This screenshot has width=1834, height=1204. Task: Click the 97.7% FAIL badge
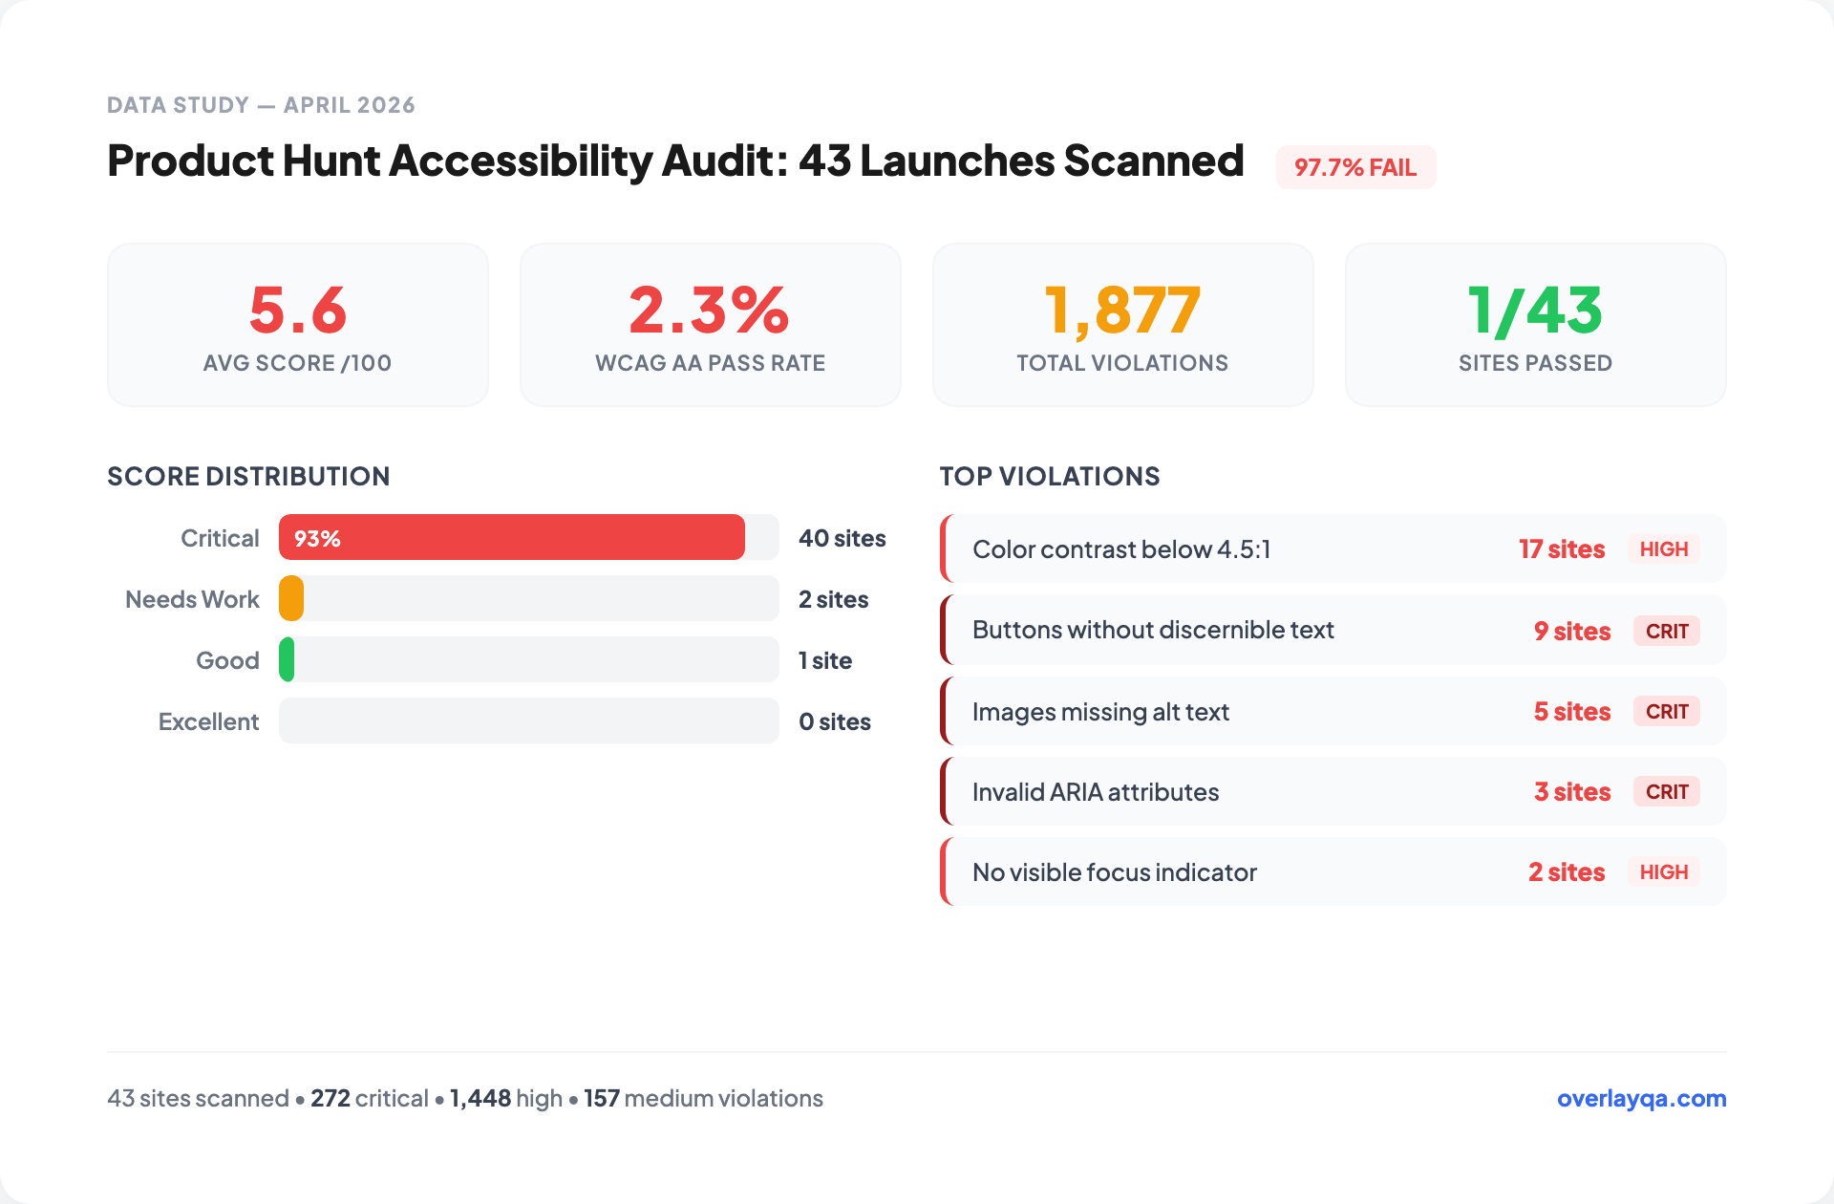(x=1354, y=167)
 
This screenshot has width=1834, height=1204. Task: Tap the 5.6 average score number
(x=297, y=311)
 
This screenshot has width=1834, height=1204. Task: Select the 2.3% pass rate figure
(x=709, y=311)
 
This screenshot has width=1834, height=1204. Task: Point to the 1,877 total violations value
(x=1122, y=311)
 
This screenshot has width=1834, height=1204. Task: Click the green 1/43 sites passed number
(x=1535, y=311)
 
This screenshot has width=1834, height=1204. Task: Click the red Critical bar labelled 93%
(x=511, y=538)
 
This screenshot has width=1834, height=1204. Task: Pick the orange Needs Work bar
(x=291, y=599)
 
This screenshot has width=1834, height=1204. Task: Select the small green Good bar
(x=287, y=660)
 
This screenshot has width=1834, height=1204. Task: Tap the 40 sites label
(x=842, y=538)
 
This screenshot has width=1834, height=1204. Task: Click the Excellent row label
(x=208, y=721)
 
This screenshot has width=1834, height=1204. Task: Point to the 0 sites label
(x=834, y=721)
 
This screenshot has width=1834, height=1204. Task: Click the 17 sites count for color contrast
(x=1562, y=549)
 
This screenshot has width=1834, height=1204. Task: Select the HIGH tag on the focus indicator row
(x=1663, y=872)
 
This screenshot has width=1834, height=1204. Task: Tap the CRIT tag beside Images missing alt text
(x=1666, y=712)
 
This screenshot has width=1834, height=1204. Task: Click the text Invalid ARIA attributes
(x=1095, y=792)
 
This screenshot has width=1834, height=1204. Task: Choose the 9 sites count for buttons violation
(x=1571, y=631)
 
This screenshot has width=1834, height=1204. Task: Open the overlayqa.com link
(x=1641, y=1098)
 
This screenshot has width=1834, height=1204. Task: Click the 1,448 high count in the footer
(x=480, y=1098)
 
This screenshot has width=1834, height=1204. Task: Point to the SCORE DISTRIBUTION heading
(x=248, y=476)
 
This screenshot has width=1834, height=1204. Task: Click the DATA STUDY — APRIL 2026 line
(x=261, y=105)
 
